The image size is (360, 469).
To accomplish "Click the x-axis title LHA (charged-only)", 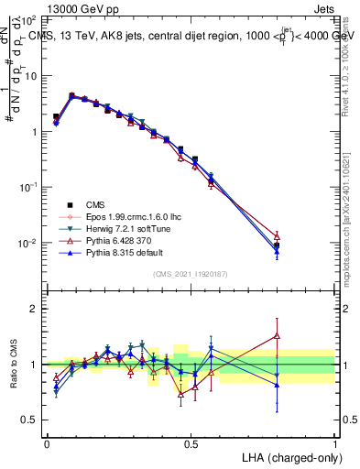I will point(289,456).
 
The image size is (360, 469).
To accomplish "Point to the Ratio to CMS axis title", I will point(16,364).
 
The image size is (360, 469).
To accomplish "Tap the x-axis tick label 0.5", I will point(191,443).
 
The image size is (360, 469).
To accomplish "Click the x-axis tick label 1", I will point(335,443).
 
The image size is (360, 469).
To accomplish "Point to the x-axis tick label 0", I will point(47,443).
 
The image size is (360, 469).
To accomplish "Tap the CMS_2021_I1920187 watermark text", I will point(191,274).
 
